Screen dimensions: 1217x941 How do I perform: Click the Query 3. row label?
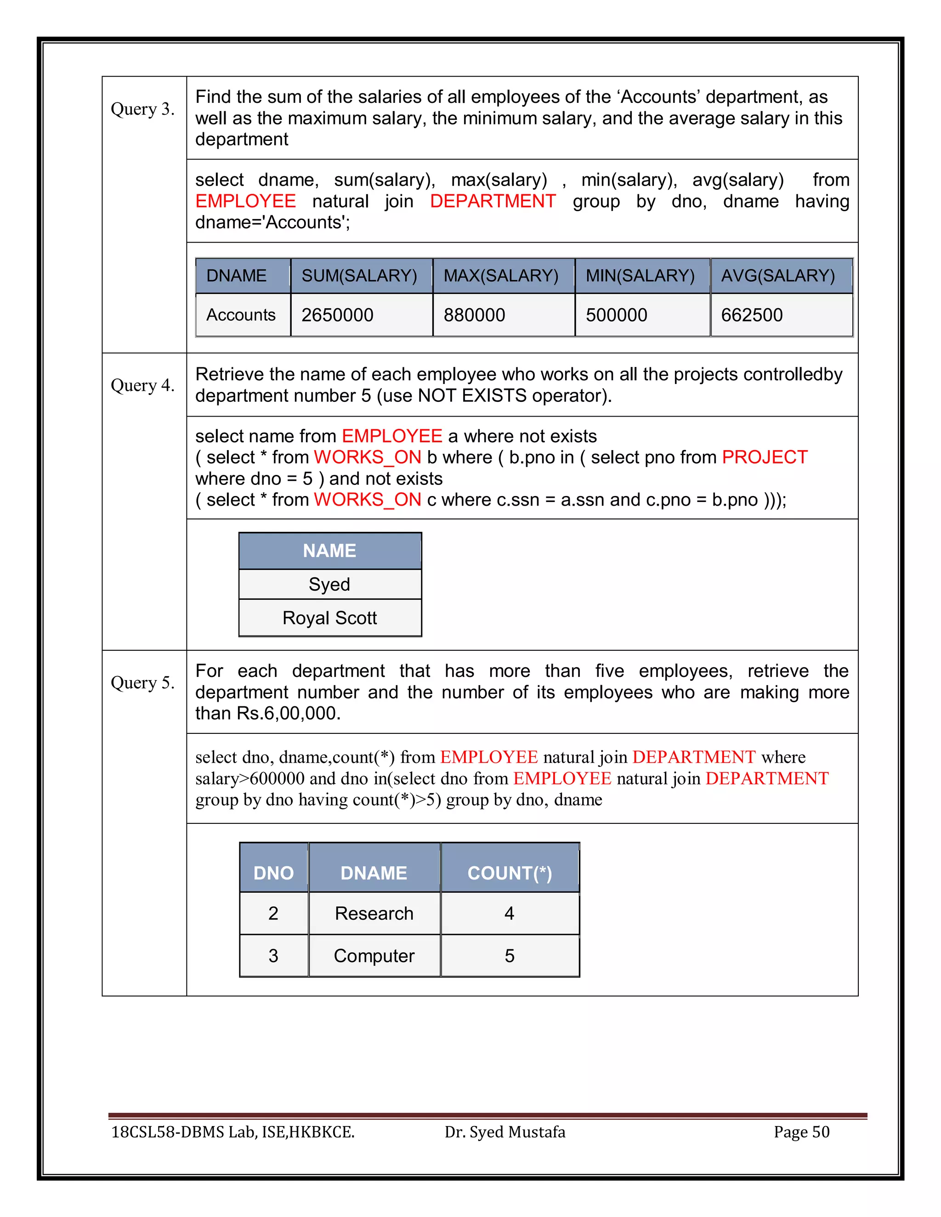[143, 109]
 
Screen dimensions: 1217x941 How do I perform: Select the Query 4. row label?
[143, 385]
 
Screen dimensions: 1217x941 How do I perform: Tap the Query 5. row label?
[143, 682]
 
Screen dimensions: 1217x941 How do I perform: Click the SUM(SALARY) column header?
[360, 276]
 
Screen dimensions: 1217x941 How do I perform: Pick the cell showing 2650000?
[337, 315]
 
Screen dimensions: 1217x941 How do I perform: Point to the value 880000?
[474, 315]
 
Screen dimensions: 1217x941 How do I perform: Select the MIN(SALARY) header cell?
[640, 276]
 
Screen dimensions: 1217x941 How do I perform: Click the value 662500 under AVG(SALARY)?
[752, 315]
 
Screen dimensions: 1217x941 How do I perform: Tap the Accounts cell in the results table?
[241, 315]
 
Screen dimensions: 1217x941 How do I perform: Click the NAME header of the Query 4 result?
[329, 551]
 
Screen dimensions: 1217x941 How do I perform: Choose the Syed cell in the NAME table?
[329, 584]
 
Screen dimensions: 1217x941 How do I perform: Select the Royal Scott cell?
[329, 618]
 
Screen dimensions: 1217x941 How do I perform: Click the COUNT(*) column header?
[510, 873]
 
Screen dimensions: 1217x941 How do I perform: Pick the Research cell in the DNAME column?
[374, 913]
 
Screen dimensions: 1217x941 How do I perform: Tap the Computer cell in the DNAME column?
[374, 956]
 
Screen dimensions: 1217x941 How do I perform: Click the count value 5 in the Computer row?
[510, 956]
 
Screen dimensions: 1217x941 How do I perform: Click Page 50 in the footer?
[802, 1132]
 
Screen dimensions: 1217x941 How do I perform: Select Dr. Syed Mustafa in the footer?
[505, 1132]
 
